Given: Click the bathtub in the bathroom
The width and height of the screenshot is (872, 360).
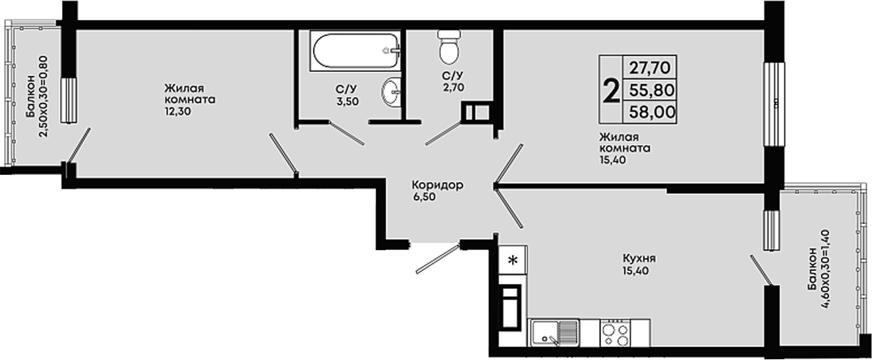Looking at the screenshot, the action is point(356,51).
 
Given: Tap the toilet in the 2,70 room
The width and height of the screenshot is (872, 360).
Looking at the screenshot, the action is point(450,46).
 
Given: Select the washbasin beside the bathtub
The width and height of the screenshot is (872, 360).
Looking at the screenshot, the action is point(391,91).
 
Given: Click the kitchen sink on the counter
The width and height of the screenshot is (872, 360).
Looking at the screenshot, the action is point(554,332).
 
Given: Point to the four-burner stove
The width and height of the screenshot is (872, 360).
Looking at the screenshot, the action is point(615,332).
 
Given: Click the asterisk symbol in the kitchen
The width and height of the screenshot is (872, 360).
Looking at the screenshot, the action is point(514,259).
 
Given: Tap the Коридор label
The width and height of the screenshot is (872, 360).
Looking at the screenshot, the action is point(438,185).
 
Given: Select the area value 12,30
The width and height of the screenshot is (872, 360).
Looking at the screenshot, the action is point(176,111).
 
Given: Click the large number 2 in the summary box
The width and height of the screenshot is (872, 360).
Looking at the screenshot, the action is point(612,91).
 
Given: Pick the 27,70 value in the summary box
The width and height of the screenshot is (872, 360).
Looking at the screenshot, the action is point(652,68).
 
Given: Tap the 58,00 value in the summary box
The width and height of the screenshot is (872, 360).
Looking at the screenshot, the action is point(652,112).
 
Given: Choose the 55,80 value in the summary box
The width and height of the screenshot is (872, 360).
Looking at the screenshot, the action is point(652,90).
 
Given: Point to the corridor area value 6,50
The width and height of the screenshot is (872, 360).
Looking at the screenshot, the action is point(424,197).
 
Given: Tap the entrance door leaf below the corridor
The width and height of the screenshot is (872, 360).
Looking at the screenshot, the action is point(438,259).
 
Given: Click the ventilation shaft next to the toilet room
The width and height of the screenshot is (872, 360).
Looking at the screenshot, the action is point(476,112).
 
